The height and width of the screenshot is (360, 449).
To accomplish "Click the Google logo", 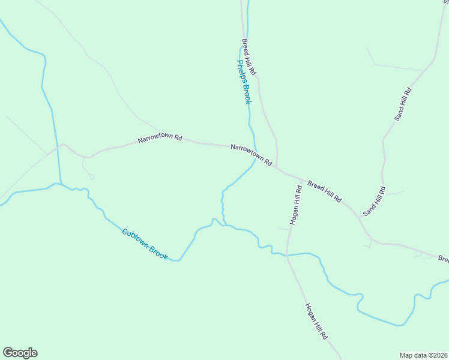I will point(20,353).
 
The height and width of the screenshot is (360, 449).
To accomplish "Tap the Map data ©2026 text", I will point(424,355).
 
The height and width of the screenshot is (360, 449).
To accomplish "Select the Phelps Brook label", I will point(243,82).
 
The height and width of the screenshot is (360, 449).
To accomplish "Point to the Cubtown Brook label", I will point(145,244).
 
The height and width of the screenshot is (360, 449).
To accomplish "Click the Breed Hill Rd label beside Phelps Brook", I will point(249,57).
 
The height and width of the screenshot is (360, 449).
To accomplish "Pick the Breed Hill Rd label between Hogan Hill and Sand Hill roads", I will point(325,191).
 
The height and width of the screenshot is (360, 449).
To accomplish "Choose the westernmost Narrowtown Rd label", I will point(160,139).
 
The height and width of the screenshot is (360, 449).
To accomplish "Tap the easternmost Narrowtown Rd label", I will point(251,155).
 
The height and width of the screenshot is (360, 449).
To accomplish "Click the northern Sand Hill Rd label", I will point(403,104).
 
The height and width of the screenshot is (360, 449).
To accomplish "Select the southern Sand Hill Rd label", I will point(373,202).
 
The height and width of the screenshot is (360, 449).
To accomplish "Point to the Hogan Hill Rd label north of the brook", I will point(295,205).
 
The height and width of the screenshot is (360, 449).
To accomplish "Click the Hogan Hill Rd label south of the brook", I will point(316,322).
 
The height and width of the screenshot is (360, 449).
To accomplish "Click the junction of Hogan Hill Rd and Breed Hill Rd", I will point(301,179).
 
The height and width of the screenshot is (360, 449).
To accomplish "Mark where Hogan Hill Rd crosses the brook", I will point(288,256).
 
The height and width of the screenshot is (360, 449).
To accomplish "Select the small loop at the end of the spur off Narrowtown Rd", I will point(91,176).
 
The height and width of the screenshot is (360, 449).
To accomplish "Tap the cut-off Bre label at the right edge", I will point(443,259).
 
